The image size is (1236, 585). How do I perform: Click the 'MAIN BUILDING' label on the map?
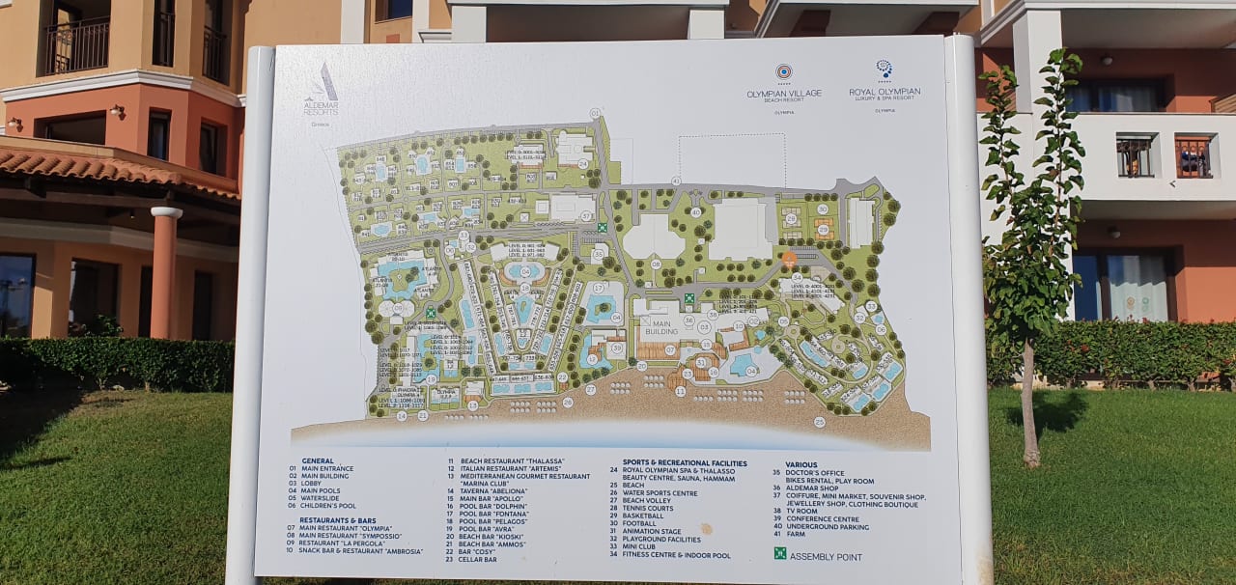(x=661, y=327)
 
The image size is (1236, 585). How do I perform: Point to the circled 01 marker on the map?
(x=595, y=114)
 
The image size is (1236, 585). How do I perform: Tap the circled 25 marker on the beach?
(x=819, y=422)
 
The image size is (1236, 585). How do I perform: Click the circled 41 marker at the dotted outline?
(x=676, y=181)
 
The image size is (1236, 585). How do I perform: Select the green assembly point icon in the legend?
(x=779, y=554)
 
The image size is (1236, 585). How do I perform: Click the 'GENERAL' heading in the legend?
(x=318, y=461)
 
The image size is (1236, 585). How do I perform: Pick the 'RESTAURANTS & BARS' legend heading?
(x=337, y=520)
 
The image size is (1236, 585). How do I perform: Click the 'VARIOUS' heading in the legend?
(x=801, y=465)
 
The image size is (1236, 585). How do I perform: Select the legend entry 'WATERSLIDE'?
(x=322, y=498)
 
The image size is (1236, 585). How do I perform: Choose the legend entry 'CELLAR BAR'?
(x=478, y=560)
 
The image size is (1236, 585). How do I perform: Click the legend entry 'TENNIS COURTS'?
(x=648, y=509)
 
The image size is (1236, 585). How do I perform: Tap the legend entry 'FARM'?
(x=796, y=534)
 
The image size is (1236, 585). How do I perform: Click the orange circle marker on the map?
(x=789, y=258)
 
